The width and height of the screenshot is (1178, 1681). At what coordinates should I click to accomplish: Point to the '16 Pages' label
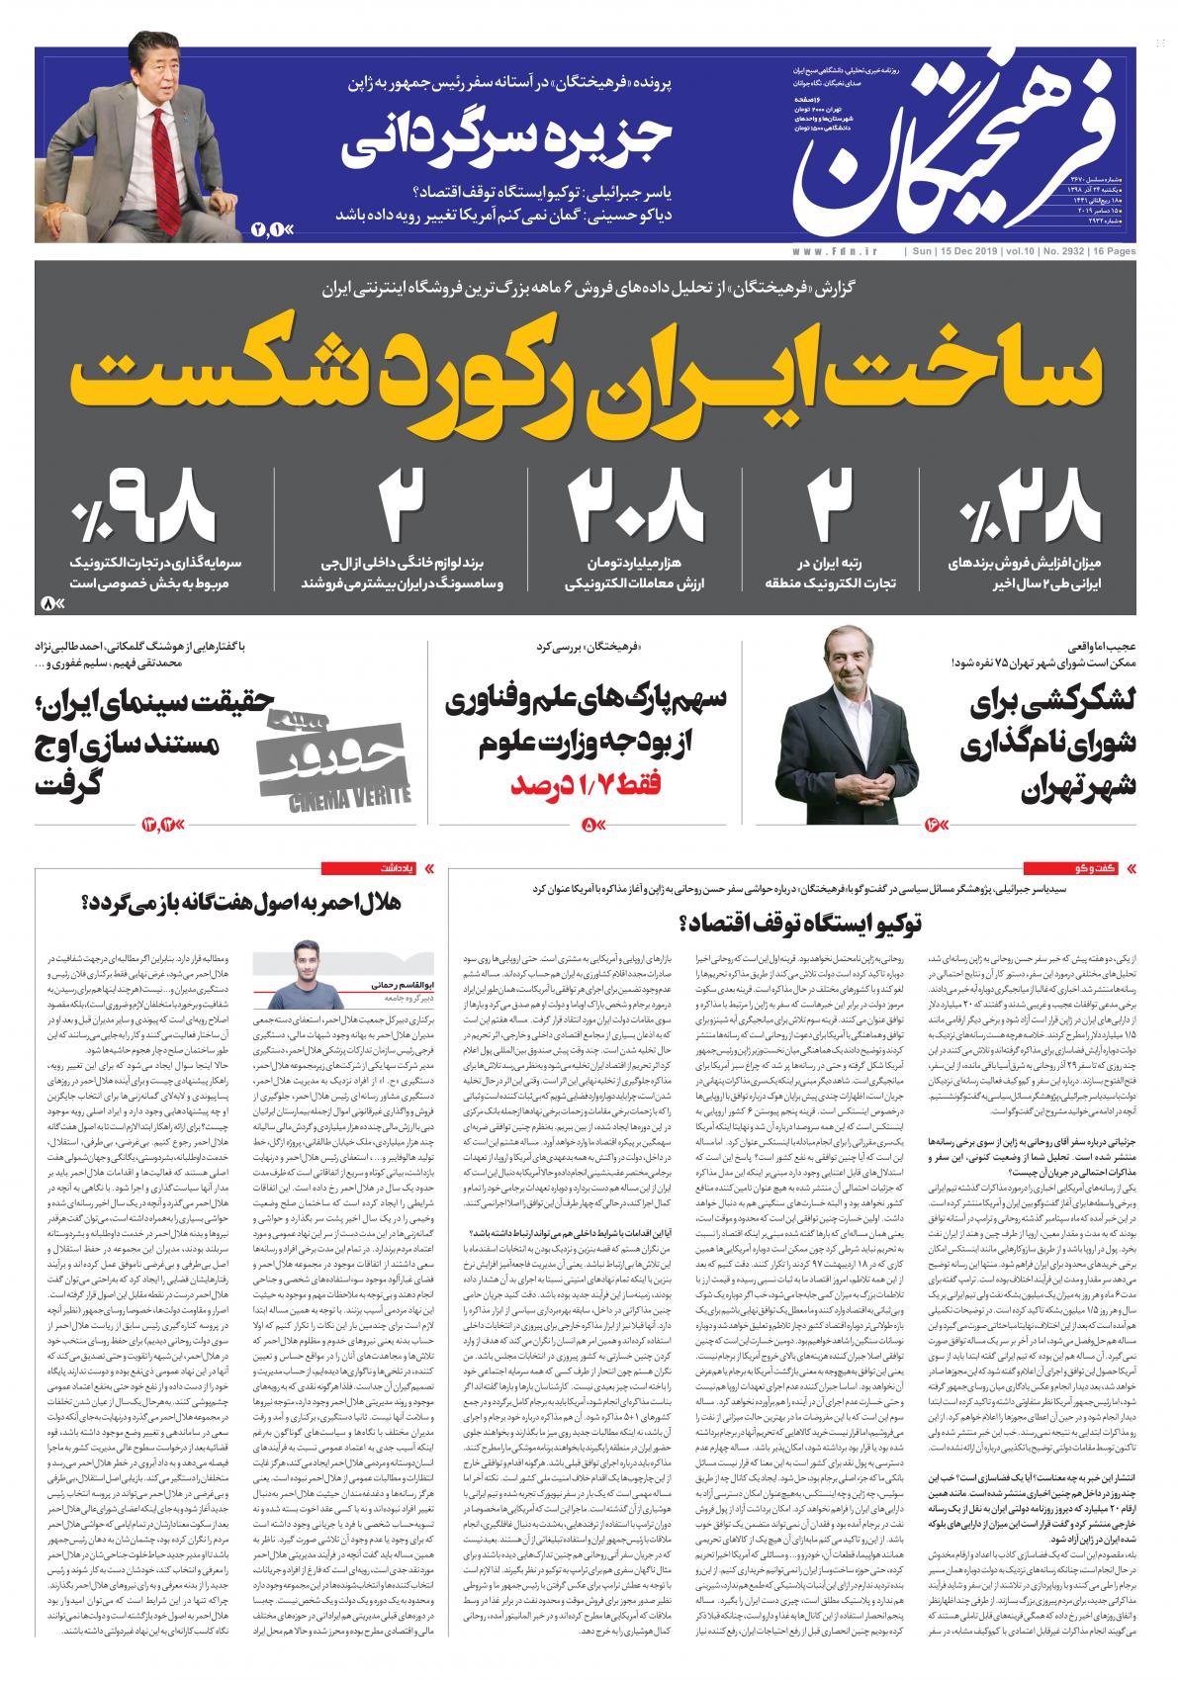1114,251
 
